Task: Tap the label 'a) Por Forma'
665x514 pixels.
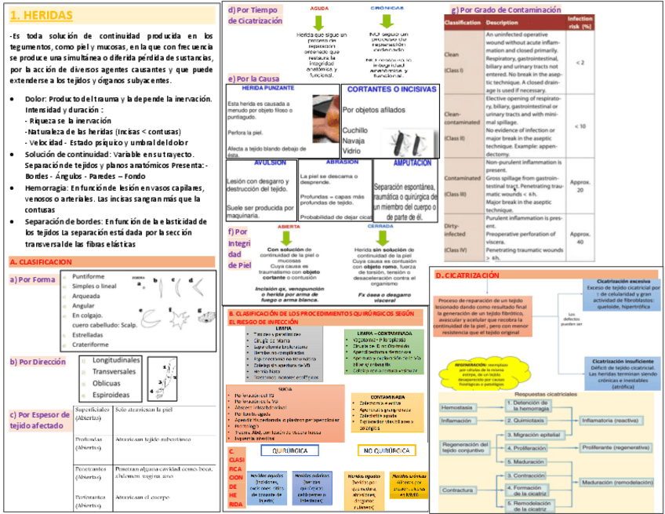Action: [32, 280]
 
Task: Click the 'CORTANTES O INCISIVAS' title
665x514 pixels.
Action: [391, 89]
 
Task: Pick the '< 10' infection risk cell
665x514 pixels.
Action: [580, 126]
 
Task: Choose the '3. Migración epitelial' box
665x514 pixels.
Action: [537, 433]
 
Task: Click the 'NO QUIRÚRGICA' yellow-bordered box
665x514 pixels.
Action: [387, 451]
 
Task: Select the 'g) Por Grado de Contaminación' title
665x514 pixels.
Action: [507, 9]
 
